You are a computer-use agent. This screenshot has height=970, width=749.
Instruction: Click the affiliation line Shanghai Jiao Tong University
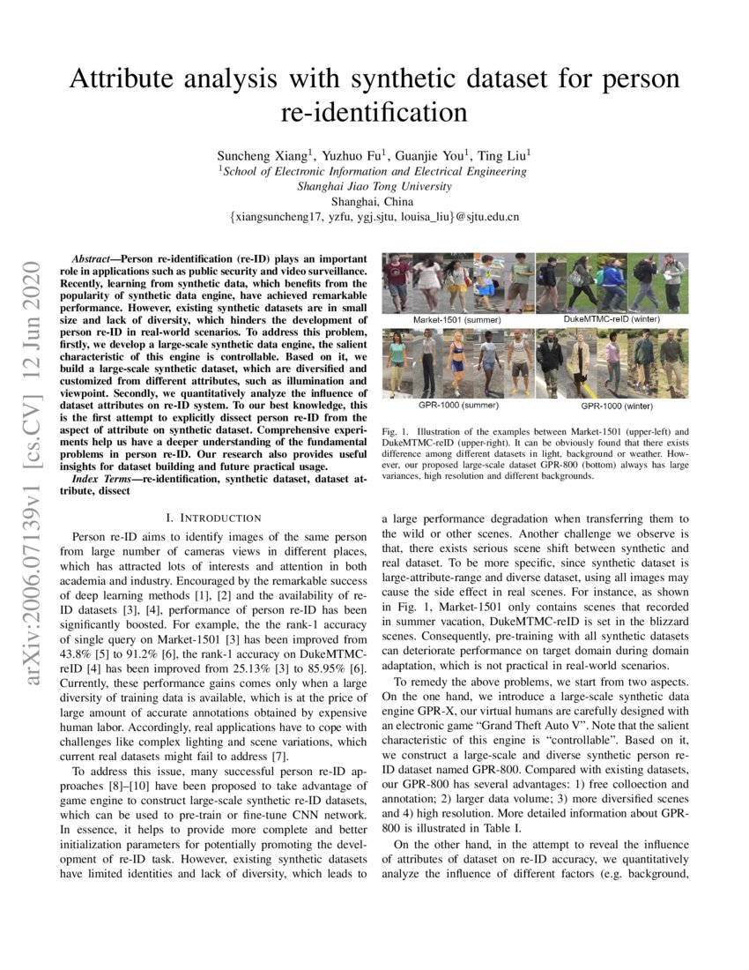click(x=374, y=186)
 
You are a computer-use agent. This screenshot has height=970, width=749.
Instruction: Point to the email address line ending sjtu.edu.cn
click(x=374, y=216)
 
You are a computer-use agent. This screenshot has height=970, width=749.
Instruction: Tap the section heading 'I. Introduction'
click(x=213, y=518)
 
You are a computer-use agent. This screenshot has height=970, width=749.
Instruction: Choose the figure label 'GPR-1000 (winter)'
click(x=618, y=408)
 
